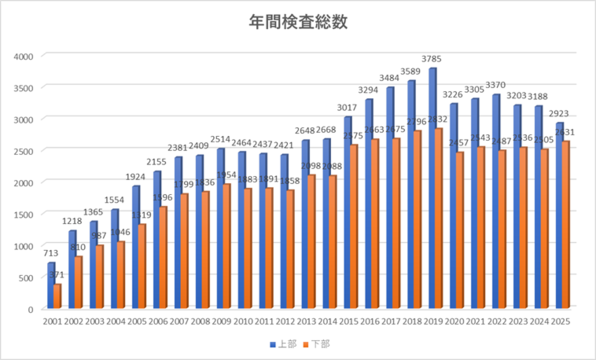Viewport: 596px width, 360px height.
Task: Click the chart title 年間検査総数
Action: click(297, 20)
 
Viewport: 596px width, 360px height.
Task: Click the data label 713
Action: click(49, 253)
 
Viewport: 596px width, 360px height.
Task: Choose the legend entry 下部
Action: click(317, 343)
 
